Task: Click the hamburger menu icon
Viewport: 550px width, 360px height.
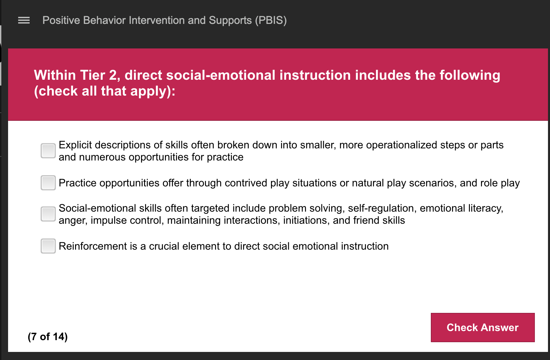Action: tap(24, 21)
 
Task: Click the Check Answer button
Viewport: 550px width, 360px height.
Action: tap(482, 327)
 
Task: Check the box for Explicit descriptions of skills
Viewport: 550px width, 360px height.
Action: tap(48, 151)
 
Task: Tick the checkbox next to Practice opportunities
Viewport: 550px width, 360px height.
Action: tap(48, 183)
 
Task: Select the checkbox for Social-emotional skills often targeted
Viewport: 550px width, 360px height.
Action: tap(48, 214)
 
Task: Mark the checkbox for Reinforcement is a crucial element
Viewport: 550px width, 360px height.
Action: tap(48, 246)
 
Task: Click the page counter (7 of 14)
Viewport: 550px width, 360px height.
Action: tap(48, 336)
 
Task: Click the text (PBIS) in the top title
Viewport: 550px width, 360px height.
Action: tap(271, 21)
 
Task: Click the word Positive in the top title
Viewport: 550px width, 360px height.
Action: tap(61, 21)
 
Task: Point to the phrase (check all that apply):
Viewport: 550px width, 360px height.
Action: tap(105, 91)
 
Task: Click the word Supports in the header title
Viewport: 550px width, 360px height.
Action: tap(230, 21)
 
